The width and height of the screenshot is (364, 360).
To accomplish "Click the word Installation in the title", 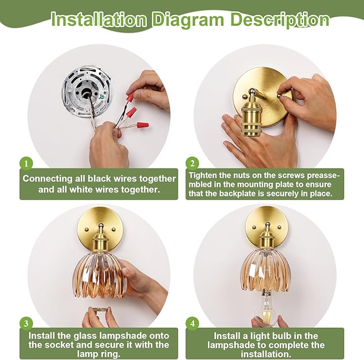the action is [99, 19].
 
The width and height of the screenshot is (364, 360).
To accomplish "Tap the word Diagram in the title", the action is [188, 19].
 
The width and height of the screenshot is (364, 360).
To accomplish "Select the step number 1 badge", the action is [26, 164].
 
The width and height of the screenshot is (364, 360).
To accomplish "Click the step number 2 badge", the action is [192, 164].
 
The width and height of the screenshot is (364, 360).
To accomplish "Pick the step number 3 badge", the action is [26, 324].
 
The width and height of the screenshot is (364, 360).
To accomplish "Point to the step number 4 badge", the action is [192, 324].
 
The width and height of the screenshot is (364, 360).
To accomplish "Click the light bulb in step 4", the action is [266, 306].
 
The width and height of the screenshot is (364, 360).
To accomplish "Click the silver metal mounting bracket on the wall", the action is [87, 91].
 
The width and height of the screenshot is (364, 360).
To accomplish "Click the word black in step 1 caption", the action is [99, 179].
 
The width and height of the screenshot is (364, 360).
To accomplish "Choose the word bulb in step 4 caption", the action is [285, 336].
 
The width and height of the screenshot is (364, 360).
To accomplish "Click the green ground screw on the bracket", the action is [101, 97].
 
